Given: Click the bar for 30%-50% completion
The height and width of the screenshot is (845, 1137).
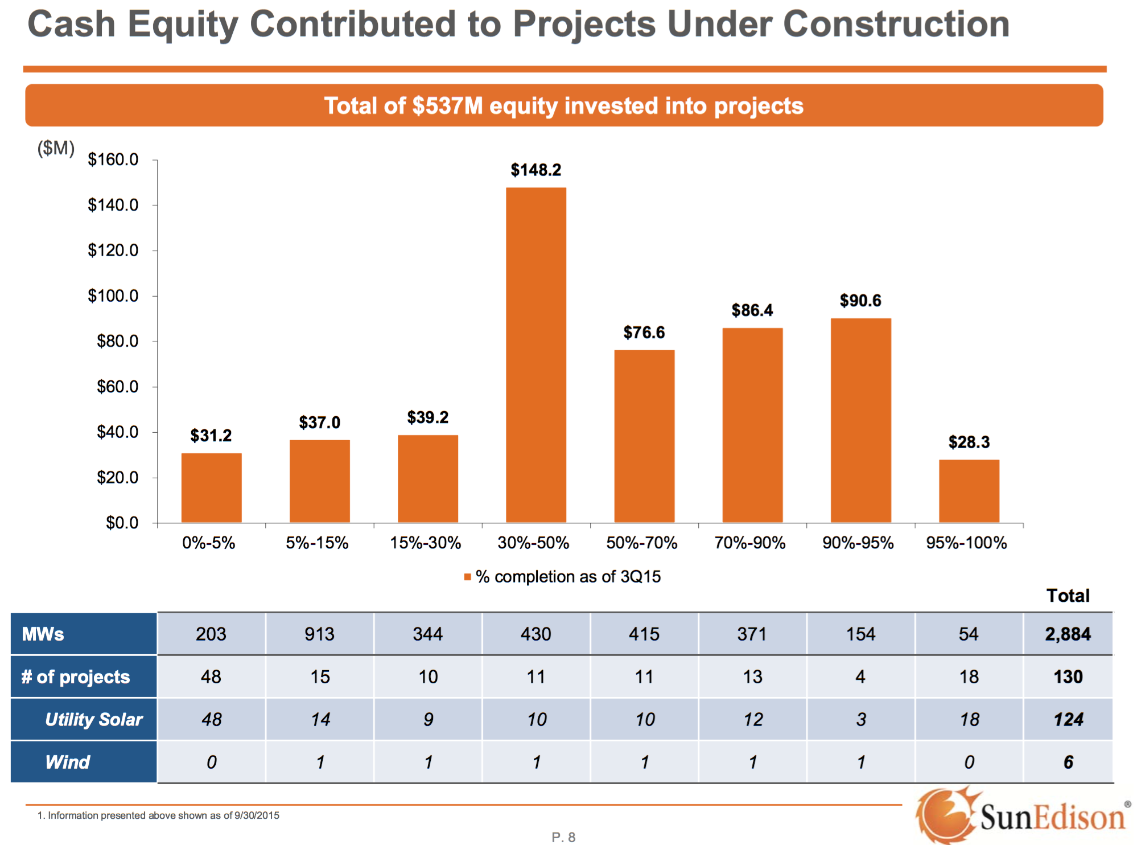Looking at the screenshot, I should click(x=536, y=355).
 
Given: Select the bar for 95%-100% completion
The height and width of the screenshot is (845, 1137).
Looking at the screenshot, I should click(x=969, y=491).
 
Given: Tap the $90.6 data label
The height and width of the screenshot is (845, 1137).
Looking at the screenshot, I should click(x=860, y=301).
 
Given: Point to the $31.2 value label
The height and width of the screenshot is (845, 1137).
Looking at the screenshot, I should click(x=211, y=436).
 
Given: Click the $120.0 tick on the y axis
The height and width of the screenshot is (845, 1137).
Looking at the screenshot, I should click(x=113, y=251).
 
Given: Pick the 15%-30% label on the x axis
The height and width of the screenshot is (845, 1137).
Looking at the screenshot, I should click(x=425, y=543).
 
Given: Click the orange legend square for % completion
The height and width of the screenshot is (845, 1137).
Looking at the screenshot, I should click(x=468, y=577).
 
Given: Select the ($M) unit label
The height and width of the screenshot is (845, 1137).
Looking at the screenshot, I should click(x=56, y=148).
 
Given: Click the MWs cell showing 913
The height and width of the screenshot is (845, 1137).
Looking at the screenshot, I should click(x=319, y=634).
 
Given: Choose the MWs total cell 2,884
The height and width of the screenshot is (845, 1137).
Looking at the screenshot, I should click(x=1068, y=634).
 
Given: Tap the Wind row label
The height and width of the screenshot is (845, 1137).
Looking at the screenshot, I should click(x=68, y=762).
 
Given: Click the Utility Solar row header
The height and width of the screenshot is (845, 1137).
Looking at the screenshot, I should click(x=94, y=719).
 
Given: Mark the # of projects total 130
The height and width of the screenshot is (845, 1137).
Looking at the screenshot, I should click(x=1068, y=676).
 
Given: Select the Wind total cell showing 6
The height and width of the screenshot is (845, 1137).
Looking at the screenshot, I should click(x=1068, y=762).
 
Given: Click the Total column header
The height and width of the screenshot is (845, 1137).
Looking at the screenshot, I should click(x=1068, y=596).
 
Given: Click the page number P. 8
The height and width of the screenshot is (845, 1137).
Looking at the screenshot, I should click(x=563, y=837).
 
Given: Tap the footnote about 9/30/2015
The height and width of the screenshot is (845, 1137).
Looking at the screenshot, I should click(x=159, y=815).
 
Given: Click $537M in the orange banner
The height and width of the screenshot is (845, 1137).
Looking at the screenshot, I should click(x=447, y=106).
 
